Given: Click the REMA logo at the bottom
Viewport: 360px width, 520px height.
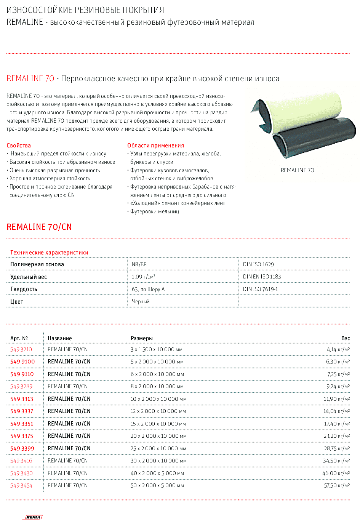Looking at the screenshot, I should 34,517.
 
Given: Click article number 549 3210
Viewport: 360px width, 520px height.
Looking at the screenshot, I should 21,349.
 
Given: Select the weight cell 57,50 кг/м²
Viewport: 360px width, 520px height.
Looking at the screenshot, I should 337,485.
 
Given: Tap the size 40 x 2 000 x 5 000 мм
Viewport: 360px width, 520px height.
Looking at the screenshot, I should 157,473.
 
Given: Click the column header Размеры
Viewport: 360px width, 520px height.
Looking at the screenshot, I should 141,338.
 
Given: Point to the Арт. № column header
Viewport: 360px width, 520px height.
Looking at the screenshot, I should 19,338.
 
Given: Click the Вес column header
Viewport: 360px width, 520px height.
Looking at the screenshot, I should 345,338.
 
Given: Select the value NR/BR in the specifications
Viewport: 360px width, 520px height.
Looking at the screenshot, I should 139,264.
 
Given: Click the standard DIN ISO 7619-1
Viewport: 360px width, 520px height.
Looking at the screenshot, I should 260,289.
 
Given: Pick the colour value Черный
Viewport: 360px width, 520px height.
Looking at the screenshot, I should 140,301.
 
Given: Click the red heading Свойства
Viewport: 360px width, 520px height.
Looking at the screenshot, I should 19,146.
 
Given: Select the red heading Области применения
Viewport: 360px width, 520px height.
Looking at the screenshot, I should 155,146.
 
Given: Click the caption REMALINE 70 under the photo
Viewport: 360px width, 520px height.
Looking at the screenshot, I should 297,170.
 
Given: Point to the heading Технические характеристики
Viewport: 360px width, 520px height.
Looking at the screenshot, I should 49,253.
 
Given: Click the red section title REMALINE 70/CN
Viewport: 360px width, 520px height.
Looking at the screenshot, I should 39,227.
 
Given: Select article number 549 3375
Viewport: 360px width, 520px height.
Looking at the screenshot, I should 22,436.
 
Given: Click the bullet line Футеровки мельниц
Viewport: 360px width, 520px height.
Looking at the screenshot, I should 154,211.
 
